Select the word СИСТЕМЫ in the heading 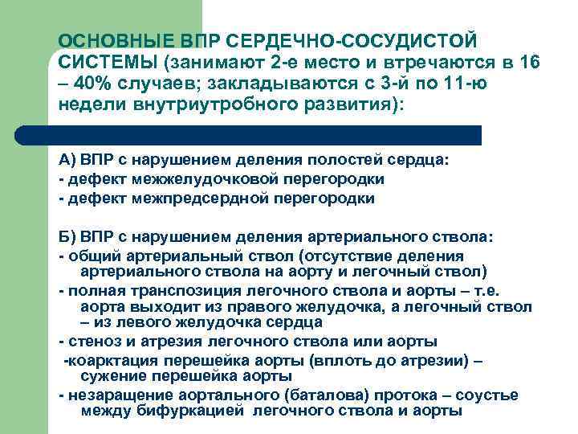(108, 62)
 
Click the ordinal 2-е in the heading (281, 62)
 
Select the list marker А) (68, 159)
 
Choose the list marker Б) (68, 238)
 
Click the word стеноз (91, 342)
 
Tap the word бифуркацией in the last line (204, 411)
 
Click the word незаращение (113, 395)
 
